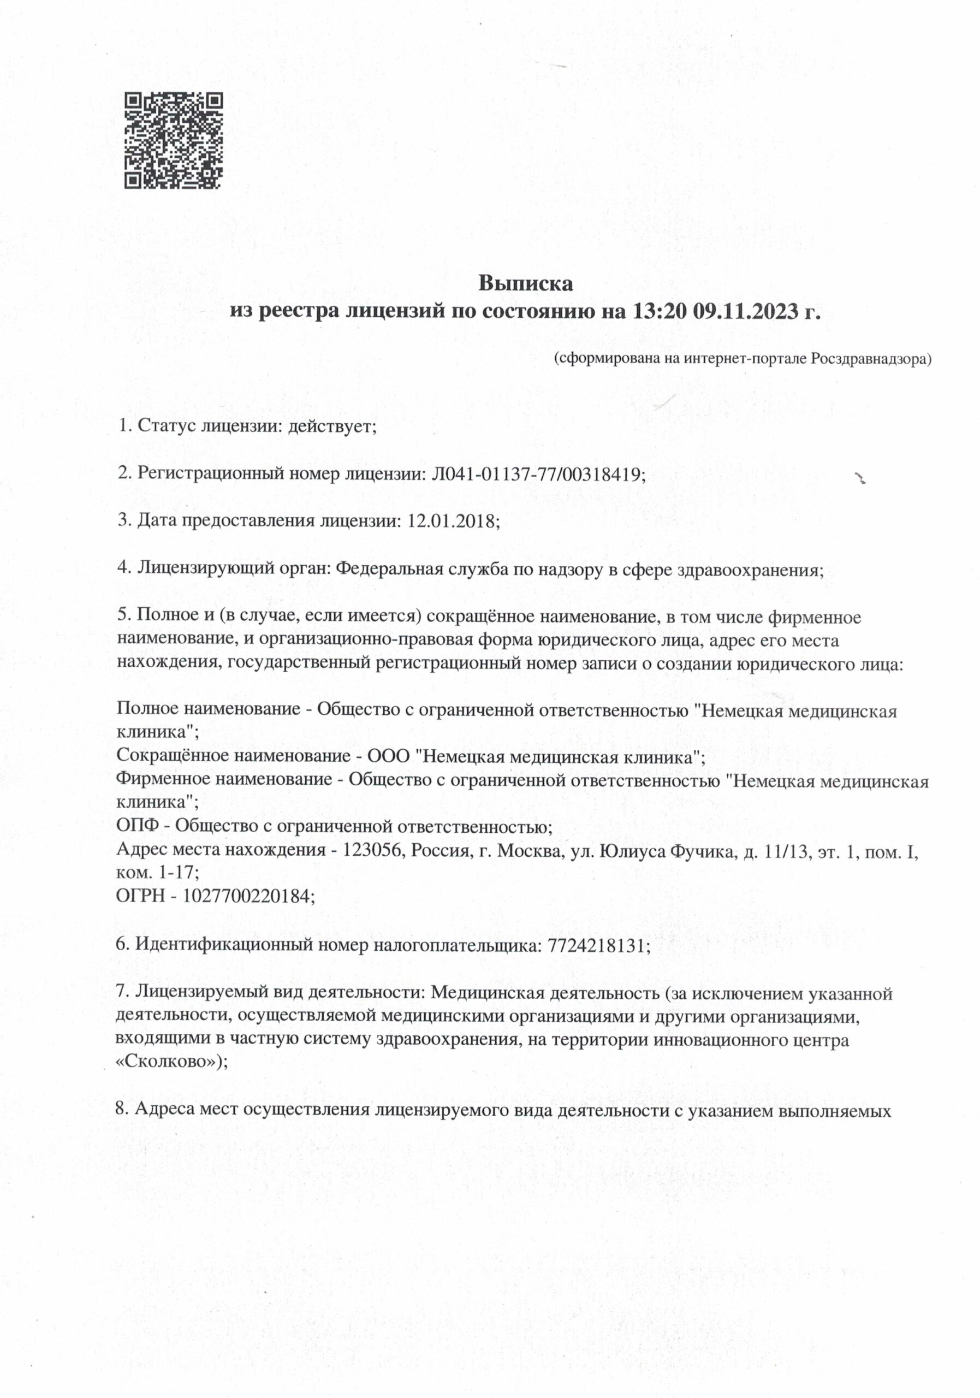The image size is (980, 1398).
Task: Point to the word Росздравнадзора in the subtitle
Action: [870, 359]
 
